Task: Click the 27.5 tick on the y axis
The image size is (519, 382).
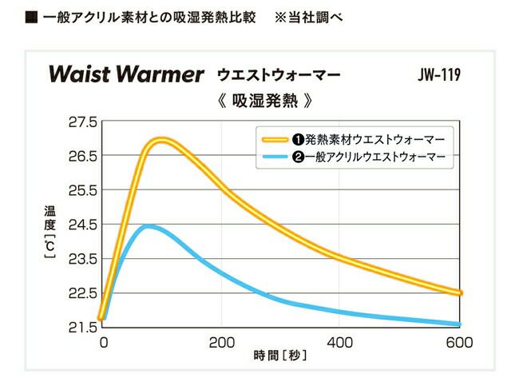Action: click(82, 122)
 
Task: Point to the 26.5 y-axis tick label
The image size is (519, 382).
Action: click(82, 156)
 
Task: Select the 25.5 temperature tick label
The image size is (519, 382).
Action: click(82, 190)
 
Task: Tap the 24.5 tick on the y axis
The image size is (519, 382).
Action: click(82, 225)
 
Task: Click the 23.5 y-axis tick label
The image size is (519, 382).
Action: click(82, 259)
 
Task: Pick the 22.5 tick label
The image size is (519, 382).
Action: click(82, 293)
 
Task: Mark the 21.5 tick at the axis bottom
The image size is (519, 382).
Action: click(82, 327)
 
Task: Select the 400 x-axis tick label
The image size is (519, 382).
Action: click(339, 343)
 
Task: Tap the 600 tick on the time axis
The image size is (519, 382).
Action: click(459, 343)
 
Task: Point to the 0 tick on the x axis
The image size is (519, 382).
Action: click(103, 343)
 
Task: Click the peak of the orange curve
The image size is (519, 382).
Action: click(161, 141)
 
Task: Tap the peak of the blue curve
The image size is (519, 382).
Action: click(148, 227)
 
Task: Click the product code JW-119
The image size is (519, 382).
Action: click(438, 76)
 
